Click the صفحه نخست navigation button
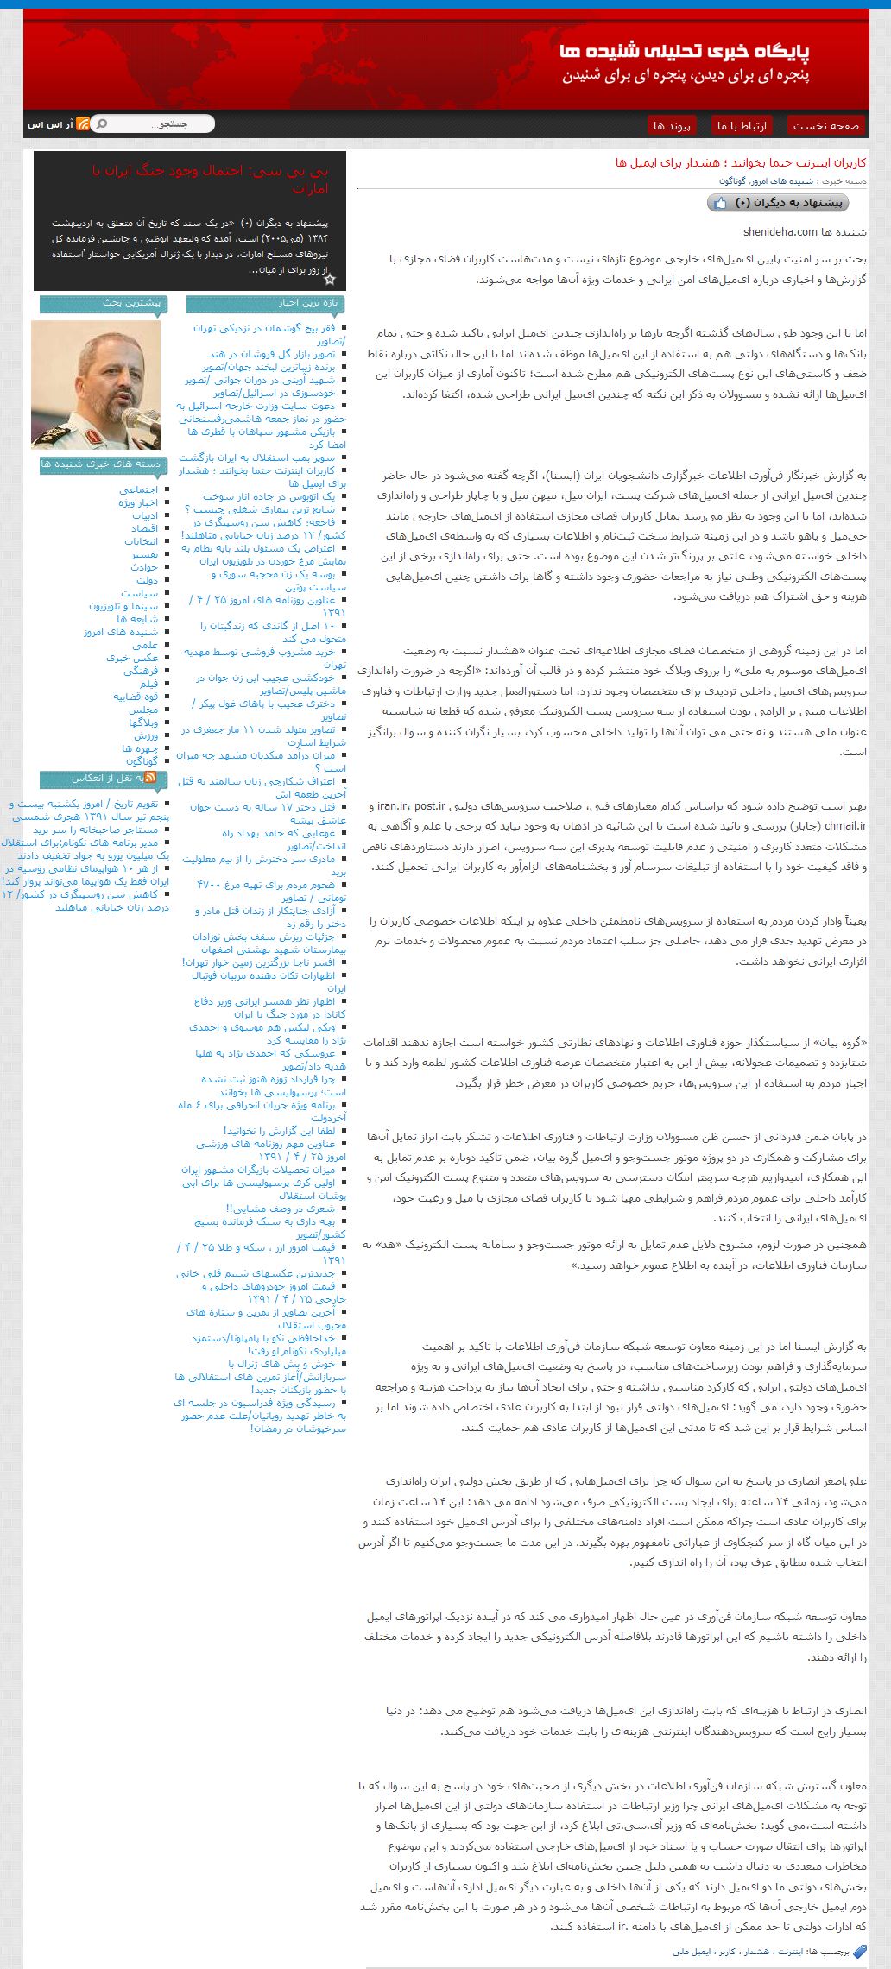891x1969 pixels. (x=826, y=126)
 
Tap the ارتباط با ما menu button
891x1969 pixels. (x=742, y=126)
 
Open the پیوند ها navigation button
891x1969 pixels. (x=672, y=126)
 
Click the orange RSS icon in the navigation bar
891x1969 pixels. (x=83, y=124)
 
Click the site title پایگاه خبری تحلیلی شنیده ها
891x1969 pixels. (x=684, y=53)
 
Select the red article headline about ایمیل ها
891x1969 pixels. (x=740, y=163)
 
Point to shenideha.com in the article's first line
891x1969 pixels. (x=780, y=232)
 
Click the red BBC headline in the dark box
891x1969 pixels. (x=211, y=180)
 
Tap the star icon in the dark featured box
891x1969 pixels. (x=329, y=279)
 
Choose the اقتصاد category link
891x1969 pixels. (x=144, y=528)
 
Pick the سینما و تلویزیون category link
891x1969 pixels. (x=123, y=606)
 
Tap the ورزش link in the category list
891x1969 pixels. (x=146, y=735)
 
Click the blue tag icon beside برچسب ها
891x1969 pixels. (x=859, y=1952)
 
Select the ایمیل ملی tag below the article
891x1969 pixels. (x=692, y=1952)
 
